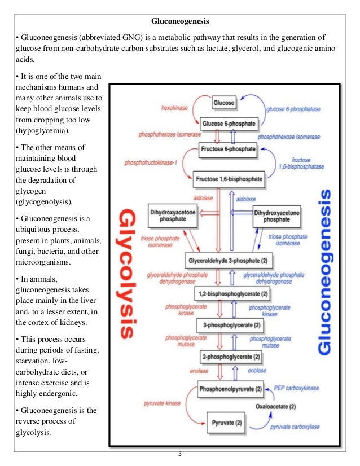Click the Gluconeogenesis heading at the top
pyautogui.click(x=180, y=22)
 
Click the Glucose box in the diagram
pyautogui.click(x=224, y=103)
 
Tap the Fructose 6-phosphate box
pyautogui.click(x=229, y=150)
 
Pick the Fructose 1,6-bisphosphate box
pyautogui.click(x=229, y=179)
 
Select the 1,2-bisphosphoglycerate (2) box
pyautogui.click(x=232, y=294)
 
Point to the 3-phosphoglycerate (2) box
pyautogui.click(x=232, y=325)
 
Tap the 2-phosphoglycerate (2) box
pyautogui.click(x=232, y=357)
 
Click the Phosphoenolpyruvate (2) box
pyautogui.click(x=231, y=389)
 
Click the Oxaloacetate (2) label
pyautogui.click(x=275, y=406)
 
